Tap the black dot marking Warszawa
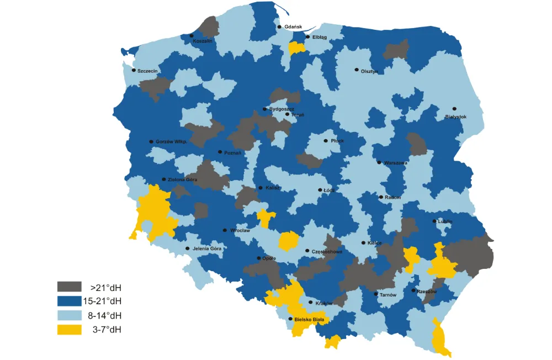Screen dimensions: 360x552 [x=379, y=162]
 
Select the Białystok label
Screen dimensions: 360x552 [x=456, y=117]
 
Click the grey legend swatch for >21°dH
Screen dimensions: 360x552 [x=69, y=287]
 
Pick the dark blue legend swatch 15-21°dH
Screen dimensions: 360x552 [x=69, y=301]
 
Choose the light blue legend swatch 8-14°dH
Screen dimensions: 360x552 [x=69, y=315]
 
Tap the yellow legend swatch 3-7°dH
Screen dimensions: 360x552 [x=69, y=330]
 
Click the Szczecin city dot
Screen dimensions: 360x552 [x=134, y=70]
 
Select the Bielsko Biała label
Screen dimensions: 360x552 [x=310, y=319]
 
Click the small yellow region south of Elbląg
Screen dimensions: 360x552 [x=296, y=49]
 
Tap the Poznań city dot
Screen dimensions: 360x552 [x=220, y=152]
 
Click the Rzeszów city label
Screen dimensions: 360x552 [x=427, y=292]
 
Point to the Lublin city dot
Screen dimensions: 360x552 [x=434, y=221]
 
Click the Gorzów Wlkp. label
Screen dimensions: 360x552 [x=171, y=142]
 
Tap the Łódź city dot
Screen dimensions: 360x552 [x=320, y=190]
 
